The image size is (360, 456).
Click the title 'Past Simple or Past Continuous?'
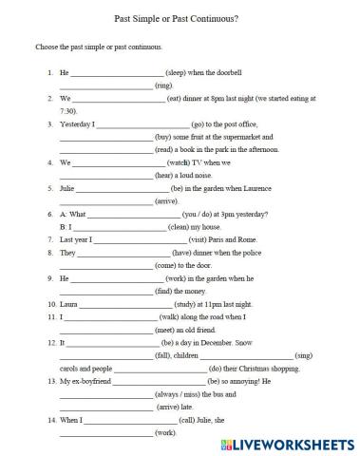click(180, 18)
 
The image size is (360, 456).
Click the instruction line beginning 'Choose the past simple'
click(98, 46)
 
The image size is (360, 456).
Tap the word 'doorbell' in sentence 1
click(257, 72)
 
